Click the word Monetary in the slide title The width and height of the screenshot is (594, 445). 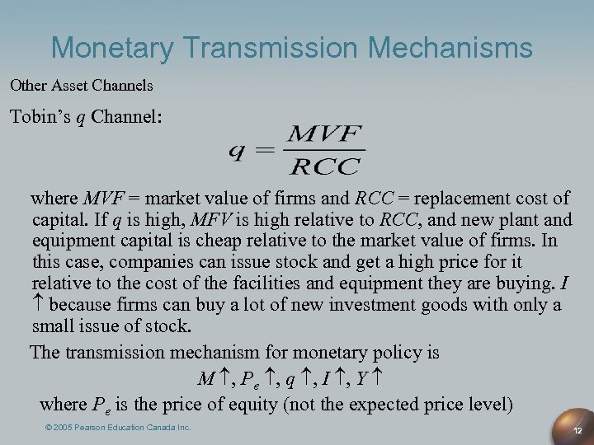pyautogui.click(x=115, y=48)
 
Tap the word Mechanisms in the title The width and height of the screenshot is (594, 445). pyautogui.click(x=451, y=47)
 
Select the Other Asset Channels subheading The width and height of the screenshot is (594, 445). pyautogui.click(x=82, y=85)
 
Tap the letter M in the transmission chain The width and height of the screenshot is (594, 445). pyautogui.click(x=206, y=379)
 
